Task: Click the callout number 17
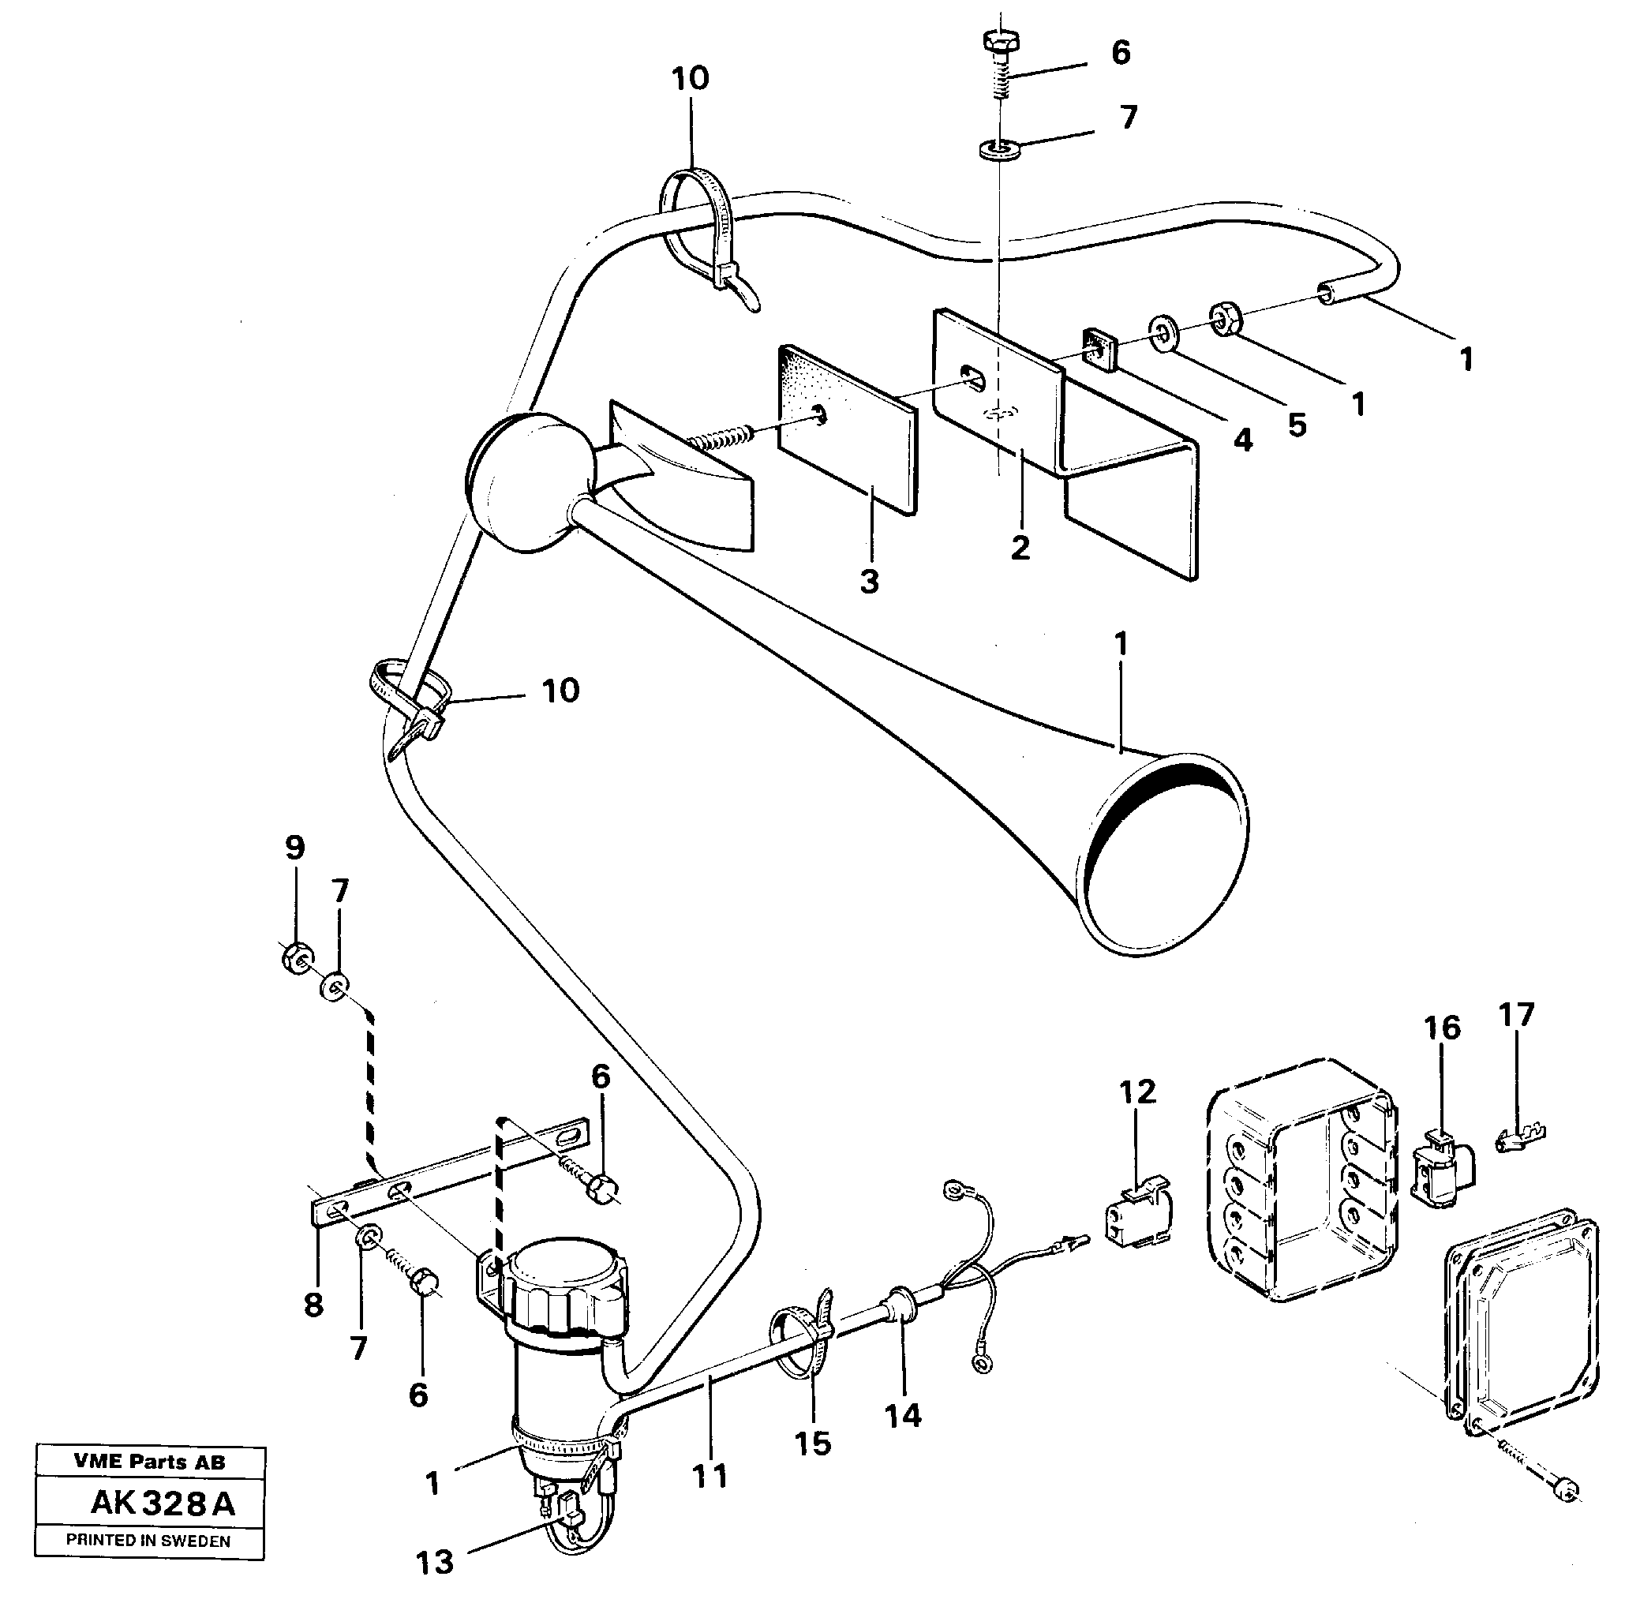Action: tap(1515, 1014)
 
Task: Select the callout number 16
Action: tap(1442, 1028)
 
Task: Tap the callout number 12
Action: tap(1137, 1092)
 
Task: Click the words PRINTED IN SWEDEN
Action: tap(148, 1541)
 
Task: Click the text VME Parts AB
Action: tap(150, 1462)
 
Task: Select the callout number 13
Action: tap(435, 1563)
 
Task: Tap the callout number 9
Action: tap(294, 848)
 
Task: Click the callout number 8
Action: tap(314, 1305)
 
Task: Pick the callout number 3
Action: tap(869, 581)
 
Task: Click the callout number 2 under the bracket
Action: tap(1020, 548)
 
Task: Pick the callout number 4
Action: tap(1242, 440)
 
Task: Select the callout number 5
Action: tap(1297, 425)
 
